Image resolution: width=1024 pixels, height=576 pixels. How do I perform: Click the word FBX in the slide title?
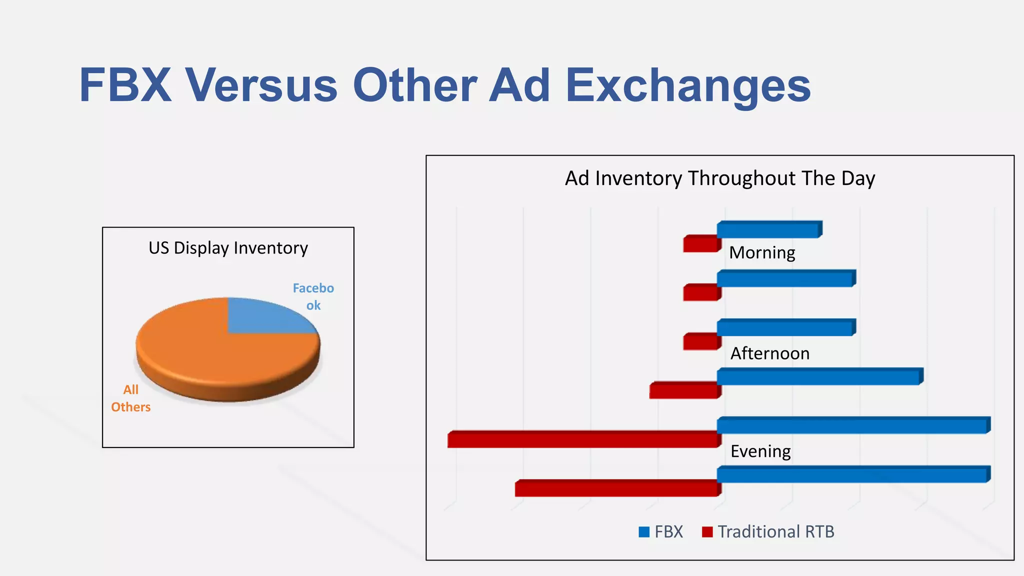pos(125,85)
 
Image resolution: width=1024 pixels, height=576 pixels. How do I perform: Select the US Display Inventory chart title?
pos(228,248)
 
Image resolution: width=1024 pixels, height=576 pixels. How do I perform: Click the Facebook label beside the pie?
pos(313,296)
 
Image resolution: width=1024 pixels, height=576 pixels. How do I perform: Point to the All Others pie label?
pos(130,398)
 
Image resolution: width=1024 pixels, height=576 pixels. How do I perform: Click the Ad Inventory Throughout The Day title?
pos(719,178)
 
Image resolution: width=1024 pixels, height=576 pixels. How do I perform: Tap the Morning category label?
pos(762,253)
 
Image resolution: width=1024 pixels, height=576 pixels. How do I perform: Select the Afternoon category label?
pos(769,353)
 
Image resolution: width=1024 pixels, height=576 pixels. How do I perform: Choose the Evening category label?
pos(760,451)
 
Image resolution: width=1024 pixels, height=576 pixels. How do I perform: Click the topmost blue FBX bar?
pos(768,229)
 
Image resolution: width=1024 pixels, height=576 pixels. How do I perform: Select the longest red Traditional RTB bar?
pos(582,440)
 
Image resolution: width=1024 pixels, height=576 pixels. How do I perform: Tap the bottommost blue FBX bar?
pos(852,474)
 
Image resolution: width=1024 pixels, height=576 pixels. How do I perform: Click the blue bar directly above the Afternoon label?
pos(785,328)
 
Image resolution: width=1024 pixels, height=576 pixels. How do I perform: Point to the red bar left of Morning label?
pos(700,244)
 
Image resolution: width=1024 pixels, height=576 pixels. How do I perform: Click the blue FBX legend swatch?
pos(644,532)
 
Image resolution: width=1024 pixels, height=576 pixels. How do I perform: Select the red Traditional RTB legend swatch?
pos(707,532)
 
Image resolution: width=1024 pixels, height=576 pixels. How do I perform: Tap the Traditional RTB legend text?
pos(776,532)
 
